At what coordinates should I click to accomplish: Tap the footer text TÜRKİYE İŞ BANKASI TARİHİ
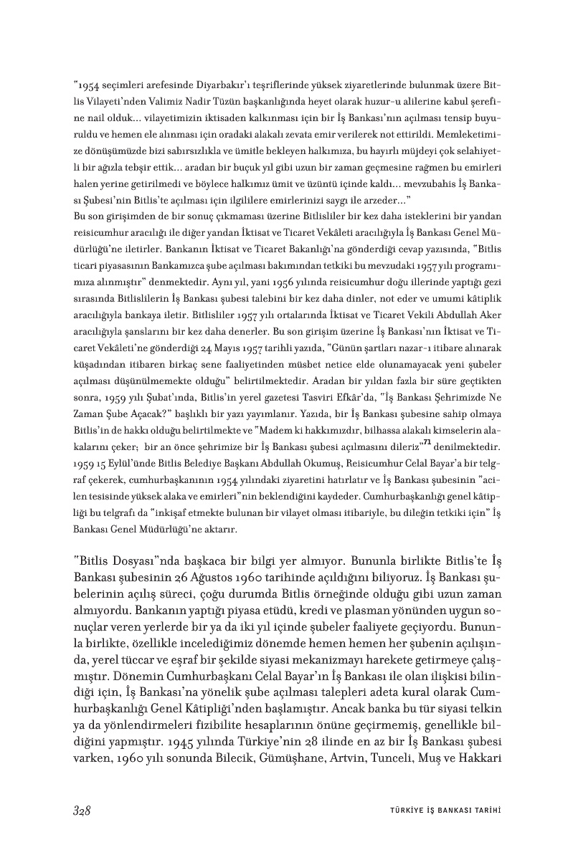point(440,811)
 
